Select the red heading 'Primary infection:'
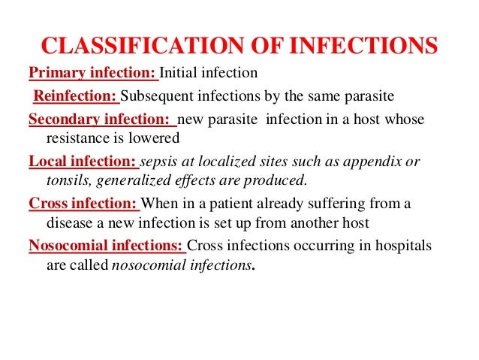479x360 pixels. point(92,73)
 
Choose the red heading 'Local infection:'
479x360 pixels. point(82,161)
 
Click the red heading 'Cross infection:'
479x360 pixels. point(83,203)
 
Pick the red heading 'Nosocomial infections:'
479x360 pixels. point(106,245)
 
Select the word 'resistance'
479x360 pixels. point(77,138)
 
